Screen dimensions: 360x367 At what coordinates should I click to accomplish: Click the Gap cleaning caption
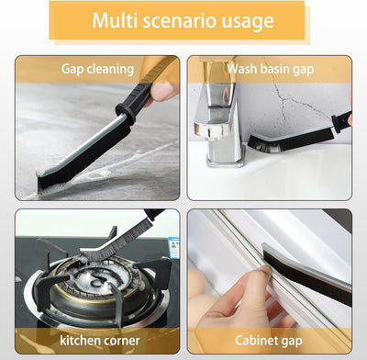point(97,68)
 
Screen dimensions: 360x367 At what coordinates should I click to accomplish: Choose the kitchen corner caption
point(95,340)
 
